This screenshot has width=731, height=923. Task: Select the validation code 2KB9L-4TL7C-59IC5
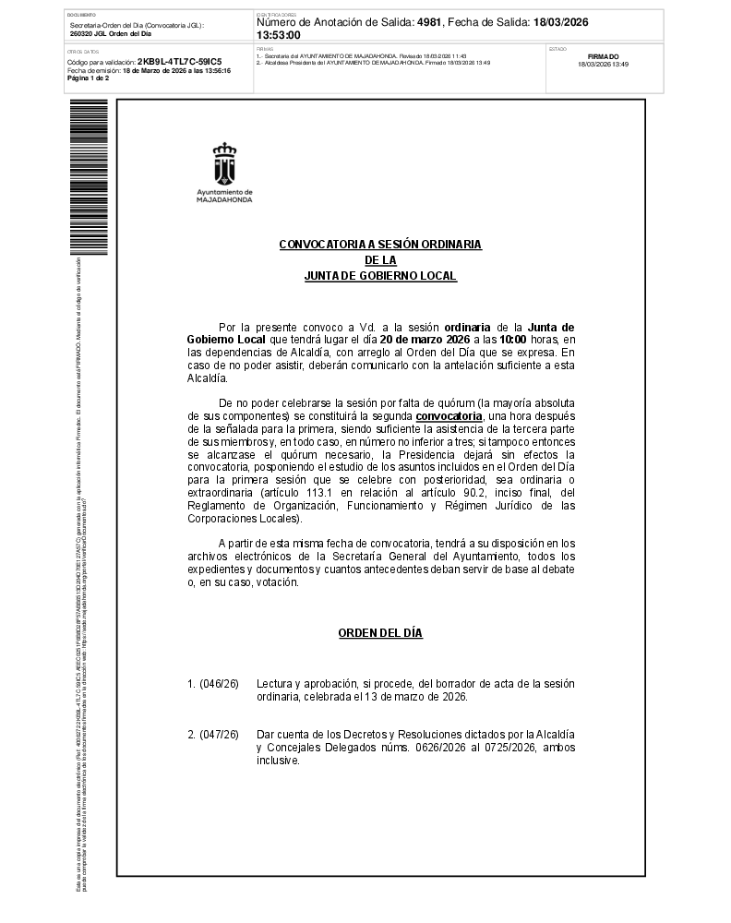(179, 62)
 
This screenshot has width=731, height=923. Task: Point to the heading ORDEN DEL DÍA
(380, 633)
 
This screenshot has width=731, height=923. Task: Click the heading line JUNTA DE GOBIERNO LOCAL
(380, 276)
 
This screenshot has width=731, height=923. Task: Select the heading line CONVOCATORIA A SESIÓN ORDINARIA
(380, 244)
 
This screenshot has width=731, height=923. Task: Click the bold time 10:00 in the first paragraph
(513, 340)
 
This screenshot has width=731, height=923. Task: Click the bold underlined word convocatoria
(449, 416)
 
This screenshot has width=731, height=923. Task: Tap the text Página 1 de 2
(89, 78)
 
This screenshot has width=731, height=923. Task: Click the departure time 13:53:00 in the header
(279, 35)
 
